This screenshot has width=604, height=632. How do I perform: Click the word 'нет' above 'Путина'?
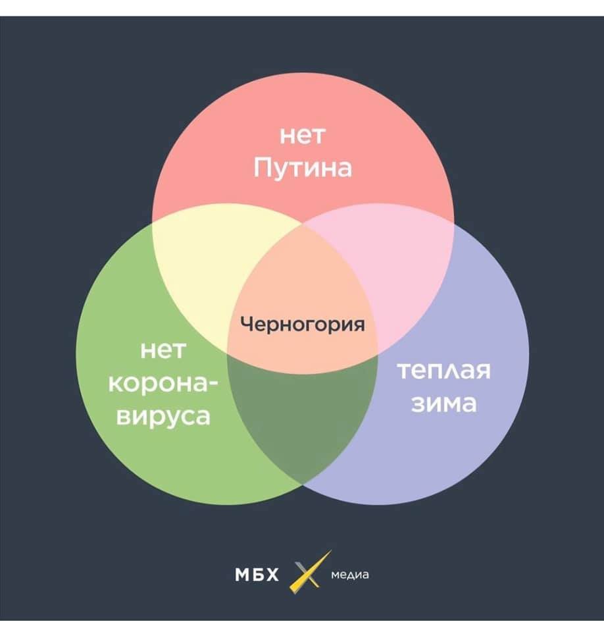[x=303, y=138]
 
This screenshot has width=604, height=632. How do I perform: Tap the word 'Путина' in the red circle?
[x=303, y=169]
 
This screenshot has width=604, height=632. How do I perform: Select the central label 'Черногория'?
[x=302, y=324]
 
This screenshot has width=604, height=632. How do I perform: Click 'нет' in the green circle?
[x=163, y=350]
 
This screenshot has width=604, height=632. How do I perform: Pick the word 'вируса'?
[x=163, y=416]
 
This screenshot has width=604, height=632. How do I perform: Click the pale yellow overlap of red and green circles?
[x=197, y=263]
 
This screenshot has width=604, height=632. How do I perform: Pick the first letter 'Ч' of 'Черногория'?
[x=245, y=324]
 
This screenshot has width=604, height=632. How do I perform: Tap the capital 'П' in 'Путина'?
[x=263, y=169]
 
